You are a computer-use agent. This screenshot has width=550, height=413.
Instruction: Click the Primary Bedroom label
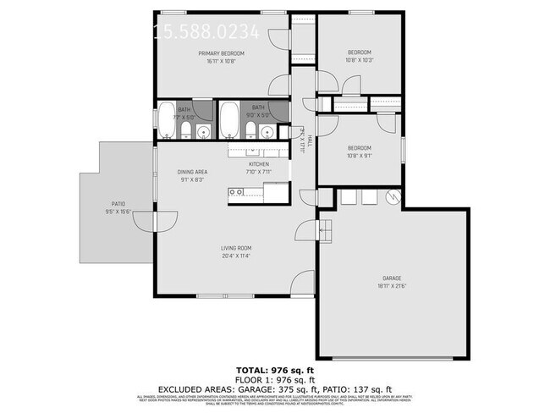[x=221, y=53]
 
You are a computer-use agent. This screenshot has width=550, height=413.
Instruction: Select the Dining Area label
[x=192, y=172]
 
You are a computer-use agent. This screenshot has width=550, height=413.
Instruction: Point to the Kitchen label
[x=258, y=164]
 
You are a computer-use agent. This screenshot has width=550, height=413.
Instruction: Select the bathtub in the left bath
[x=167, y=122]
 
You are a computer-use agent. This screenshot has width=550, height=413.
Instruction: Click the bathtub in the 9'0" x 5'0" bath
[x=229, y=121]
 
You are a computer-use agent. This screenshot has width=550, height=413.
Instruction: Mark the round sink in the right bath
[x=268, y=131]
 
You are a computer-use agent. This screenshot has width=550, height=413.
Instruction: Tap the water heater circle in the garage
[x=391, y=196]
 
